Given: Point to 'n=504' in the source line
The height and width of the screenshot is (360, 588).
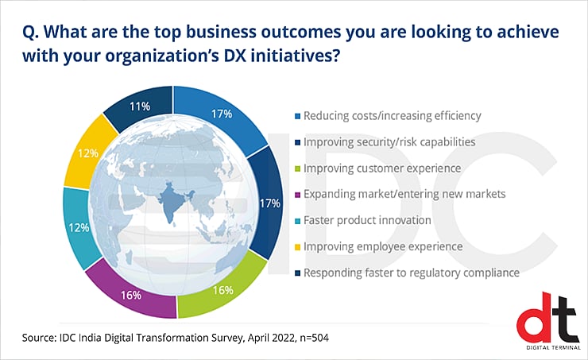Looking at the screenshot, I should [307, 339].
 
